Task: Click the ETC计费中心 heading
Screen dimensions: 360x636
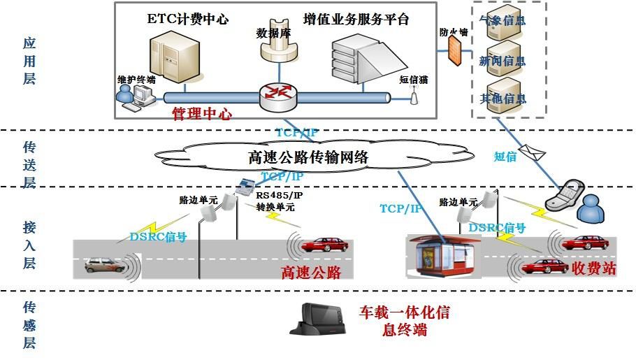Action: point(187,19)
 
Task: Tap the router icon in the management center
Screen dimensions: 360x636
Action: point(277,96)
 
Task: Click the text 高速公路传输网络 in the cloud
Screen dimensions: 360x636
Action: point(308,157)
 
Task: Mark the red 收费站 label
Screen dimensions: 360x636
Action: point(593,268)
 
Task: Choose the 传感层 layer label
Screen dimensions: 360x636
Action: point(29,325)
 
